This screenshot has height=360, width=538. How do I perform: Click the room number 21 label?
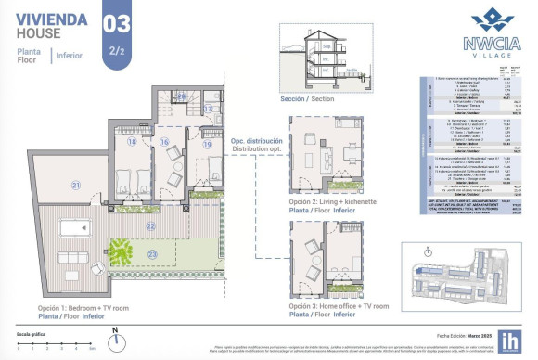(76, 186)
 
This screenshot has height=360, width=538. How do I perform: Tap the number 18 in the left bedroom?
(133, 142)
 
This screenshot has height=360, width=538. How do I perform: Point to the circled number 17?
(208, 109)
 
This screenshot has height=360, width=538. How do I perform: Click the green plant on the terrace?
(119, 250)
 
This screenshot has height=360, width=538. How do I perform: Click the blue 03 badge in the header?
(116, 23)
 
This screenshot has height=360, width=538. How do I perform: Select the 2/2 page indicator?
(116, 51)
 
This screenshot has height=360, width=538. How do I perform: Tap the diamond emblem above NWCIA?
(484, 20)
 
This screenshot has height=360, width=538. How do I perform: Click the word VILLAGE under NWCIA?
(484, 55)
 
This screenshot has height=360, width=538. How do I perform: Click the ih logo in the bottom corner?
(510, 341)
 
